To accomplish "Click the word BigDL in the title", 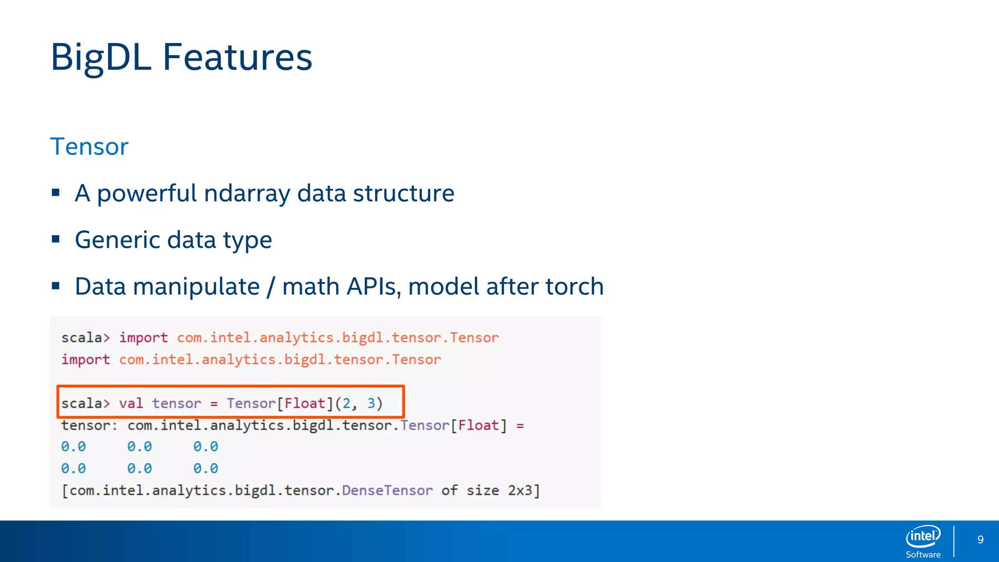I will (x=100, y=58).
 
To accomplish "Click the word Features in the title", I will (x=237, y=58).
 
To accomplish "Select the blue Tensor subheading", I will (x=89, y=146).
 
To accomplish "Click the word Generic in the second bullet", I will (x=117, y=240).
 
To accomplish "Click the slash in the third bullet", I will (x=271, y=287).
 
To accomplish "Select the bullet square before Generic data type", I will (x=56, y=239).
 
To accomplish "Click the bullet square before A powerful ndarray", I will (x=56, y=193).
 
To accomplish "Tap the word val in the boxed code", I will (x=131, y=403).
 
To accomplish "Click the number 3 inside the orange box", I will (x=371, y=403).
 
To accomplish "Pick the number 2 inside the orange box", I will (x=346, y=403).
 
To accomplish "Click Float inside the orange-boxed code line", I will (x=305, y=403).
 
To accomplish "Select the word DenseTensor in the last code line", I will (x=387, y=490).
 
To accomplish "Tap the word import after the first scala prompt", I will (x=143, y=338).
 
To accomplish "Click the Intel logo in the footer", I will (x=922, y=537).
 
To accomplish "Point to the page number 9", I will (x=980, y=540).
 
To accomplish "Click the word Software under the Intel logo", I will (x=923, y=555).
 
